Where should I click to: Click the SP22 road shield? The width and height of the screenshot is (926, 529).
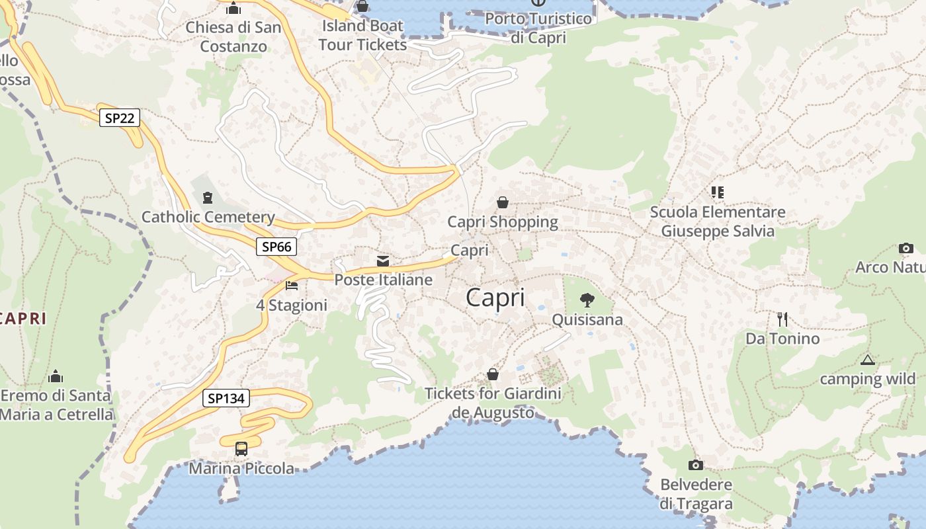120,118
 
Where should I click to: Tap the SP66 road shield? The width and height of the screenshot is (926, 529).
276,247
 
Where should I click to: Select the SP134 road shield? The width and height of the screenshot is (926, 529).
226,398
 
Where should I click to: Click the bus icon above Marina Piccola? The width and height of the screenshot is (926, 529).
241,448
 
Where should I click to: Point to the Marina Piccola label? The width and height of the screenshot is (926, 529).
241,469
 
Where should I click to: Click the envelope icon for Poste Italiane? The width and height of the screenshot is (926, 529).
383,261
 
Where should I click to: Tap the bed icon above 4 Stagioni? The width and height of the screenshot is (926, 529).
292,286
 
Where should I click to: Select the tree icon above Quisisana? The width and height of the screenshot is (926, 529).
587,300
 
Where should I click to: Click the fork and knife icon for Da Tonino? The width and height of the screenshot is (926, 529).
782,319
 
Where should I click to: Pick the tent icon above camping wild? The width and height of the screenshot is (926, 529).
868,360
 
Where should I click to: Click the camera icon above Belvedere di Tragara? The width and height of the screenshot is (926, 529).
696,465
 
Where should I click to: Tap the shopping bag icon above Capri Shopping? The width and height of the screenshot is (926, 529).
503,202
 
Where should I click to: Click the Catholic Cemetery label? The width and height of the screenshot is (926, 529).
208,217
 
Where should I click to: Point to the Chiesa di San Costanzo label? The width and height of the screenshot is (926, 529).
233,37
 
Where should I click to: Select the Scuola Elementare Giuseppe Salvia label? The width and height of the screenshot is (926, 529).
718,222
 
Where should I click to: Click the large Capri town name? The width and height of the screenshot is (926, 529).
495,298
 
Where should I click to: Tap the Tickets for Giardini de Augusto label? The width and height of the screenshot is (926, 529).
493,403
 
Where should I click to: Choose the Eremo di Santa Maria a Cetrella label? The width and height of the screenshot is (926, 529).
56,405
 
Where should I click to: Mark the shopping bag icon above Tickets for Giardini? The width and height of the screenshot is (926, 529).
493,374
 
